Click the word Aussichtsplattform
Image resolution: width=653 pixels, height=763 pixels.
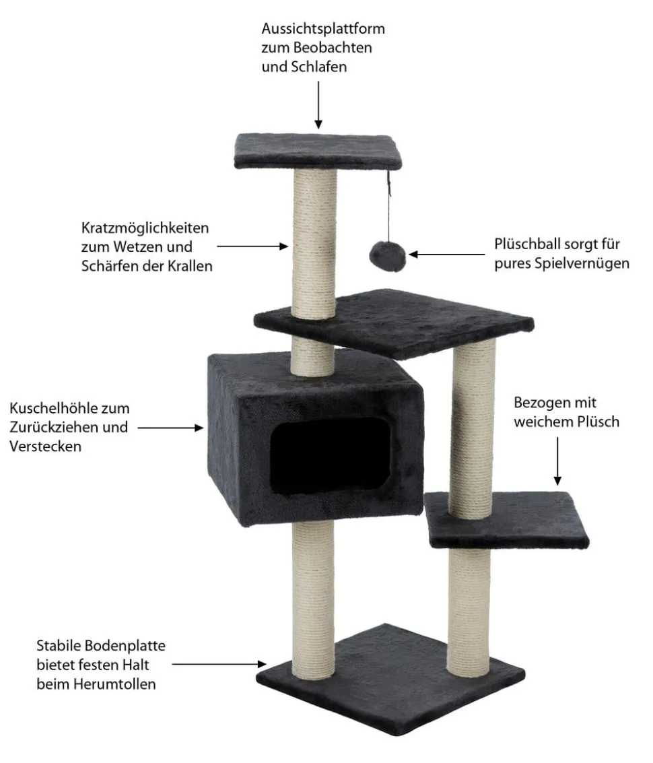tap(323, 29)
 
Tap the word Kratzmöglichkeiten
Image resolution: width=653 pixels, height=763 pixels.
tap(145, 228)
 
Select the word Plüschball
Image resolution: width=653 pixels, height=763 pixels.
tap(526, 244)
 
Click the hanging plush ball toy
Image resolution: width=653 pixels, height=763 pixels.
tap(387, 255)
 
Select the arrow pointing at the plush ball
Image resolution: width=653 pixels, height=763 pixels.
tap(447, 254)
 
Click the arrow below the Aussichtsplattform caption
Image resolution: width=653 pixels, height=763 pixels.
tap(318, 105)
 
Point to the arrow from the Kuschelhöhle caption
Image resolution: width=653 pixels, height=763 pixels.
tap(170, 428)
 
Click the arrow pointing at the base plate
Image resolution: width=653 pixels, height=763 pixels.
tap(219, 664)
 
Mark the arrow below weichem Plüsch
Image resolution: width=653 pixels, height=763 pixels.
tap(557, 461)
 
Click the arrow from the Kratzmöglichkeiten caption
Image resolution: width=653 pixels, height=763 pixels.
tap(252, 246)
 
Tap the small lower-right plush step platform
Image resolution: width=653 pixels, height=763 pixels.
tap(508, 520)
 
